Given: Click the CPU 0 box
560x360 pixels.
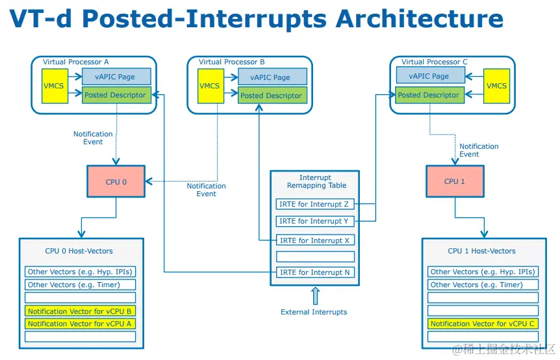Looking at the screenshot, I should (x=116, y=182).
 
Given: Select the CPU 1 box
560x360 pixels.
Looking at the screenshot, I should (x=455, y=181).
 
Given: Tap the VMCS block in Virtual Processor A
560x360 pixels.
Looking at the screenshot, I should (x=55, y=86).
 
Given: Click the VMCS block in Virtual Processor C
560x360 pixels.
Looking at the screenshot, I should (x=496, y=86).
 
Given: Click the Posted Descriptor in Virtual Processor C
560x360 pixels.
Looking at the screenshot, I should (x=428, y=95).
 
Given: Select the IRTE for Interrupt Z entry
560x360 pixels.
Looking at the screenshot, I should (x=313, y=204).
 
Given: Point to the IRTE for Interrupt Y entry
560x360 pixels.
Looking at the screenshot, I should (x=313, y=221).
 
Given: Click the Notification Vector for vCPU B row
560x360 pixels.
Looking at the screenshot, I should (x=81, y=311).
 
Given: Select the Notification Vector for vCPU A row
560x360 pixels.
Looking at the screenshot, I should (x=81, y=324).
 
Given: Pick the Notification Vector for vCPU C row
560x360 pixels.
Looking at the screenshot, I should (x=483, y=324).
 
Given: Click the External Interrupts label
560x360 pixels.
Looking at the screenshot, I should (x=314, y=312).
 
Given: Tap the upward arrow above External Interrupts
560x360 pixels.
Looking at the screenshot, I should (x=315, y=296).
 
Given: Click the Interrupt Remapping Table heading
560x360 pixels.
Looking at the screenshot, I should (x=314, y=181).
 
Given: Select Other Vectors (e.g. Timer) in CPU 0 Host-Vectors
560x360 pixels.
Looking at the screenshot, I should (x=81, y=285).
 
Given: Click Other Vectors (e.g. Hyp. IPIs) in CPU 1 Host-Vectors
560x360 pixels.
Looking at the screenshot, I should (x=483, y=272).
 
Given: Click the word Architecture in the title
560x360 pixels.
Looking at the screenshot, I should (x=419, y=19).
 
